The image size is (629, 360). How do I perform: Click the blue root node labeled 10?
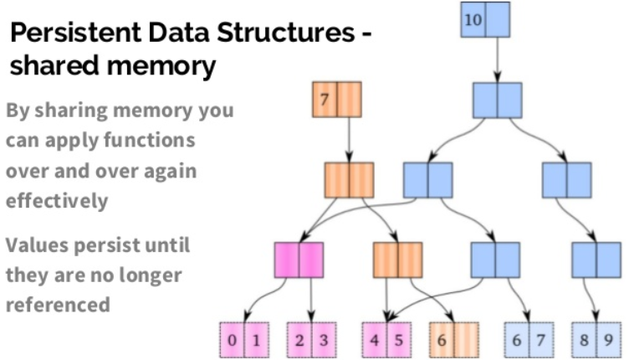(x=485, y=20)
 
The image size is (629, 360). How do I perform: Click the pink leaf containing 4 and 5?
(x=386, y=340)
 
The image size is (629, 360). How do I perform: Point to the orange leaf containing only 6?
(x=453, y=340)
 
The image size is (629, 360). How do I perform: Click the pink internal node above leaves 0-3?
(x=299, y=260)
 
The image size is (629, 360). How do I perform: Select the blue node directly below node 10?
(x=497, y=100)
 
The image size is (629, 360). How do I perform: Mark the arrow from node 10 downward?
(x=497, y=59)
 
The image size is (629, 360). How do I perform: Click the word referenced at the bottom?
(x=58, y=304)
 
